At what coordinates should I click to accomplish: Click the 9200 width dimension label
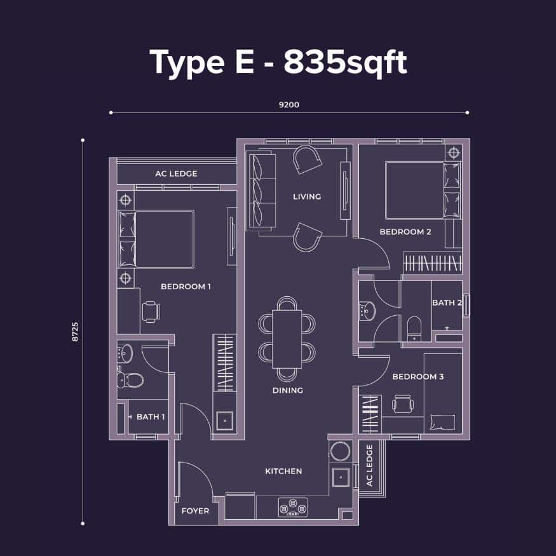click(289, 105)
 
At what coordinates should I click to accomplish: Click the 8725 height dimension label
click(75, 332)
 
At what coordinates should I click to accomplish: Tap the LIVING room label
click(307, 196)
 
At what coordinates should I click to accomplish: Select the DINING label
click(288, 390)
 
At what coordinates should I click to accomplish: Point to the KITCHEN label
click(283, 471)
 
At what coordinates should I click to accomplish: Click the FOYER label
click(195, 511)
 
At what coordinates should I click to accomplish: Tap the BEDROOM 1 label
click(186, 287)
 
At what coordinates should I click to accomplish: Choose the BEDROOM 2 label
click(405, 232)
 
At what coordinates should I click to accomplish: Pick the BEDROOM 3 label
click(417, 377)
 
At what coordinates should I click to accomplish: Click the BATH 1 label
click(151, 417)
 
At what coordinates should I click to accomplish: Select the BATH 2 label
click(447, 303)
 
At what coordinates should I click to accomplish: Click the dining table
click(287, 339)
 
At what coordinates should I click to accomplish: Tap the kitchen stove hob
click(293, 508)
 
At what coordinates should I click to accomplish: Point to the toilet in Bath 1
click(130, 380)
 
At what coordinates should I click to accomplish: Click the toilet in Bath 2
click(414, 329)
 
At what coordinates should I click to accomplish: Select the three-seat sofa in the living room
click(262, 191)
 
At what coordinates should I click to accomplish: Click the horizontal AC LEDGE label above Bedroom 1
click(176, 173)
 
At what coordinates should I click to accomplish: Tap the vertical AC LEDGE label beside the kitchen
click(369, 465)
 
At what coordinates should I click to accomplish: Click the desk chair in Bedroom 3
click(403, 404)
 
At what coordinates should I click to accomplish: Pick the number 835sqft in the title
click(345, 62)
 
